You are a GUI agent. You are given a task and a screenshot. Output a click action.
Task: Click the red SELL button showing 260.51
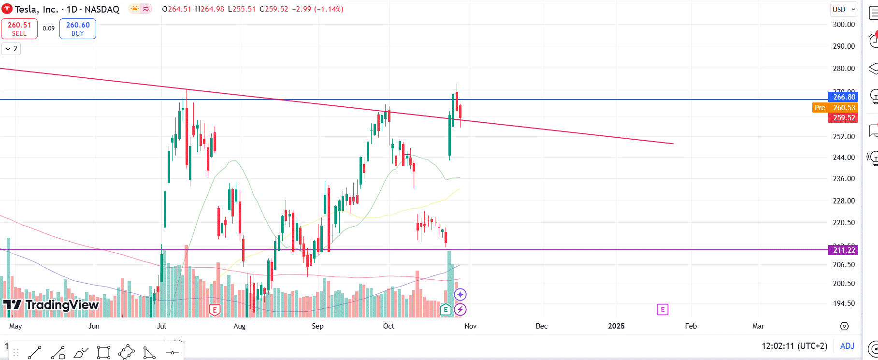pos(19,29)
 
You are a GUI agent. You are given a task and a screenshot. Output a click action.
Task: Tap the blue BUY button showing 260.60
pos(77,29)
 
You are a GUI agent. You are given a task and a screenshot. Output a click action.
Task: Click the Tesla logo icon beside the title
pos(7,9)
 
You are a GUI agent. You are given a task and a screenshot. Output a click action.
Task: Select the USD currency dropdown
pos(844,9)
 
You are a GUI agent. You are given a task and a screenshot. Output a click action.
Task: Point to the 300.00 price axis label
pos(844,25)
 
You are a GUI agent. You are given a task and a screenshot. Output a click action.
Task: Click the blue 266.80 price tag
pos(844,97)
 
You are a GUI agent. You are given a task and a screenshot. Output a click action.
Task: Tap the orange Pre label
pos(820,108)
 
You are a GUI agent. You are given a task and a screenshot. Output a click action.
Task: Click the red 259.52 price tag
pos(844,118)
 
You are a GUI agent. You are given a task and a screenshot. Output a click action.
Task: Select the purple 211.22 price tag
pos(844,250)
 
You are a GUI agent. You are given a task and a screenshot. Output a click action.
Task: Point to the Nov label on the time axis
pos(470,326)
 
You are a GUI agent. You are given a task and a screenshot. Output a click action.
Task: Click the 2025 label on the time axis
pos(616,326)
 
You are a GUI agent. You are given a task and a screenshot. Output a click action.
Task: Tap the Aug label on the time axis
pos(239,326)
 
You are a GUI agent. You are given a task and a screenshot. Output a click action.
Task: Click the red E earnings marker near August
pos(215,310)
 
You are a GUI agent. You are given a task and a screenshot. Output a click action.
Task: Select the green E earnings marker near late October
pos(446,309)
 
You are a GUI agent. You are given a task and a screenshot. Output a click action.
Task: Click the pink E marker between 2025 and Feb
pos(662,309)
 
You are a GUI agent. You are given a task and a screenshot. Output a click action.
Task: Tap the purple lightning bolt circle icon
pos(460,309)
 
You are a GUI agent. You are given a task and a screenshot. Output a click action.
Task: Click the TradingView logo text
pos(51,305)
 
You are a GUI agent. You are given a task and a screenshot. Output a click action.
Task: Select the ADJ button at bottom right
pos(847,346)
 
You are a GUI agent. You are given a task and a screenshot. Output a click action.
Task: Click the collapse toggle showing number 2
pos(11,49)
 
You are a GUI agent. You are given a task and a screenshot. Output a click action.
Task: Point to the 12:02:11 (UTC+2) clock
pos(794,346)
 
